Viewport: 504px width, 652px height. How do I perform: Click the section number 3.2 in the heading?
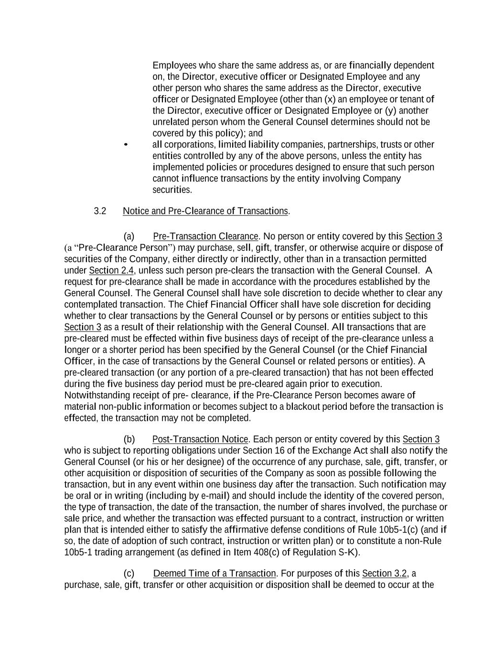(x=100, y=211)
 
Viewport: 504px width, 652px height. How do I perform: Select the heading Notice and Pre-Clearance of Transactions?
(x=205, y=211)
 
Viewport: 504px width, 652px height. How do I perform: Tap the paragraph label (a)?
(x=129, y=236)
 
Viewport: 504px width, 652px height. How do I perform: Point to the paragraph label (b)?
(x=129, y=439)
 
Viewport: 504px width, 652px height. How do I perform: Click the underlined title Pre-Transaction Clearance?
(x=205, y=236)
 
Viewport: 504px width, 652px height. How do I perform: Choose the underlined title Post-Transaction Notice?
(x=200, y=439)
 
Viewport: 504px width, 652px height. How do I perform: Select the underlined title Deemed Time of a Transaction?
(x=214, y=574)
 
